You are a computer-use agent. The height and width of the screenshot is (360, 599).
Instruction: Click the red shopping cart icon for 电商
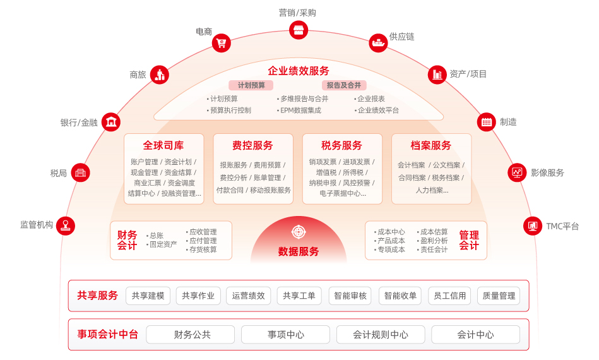point(221,43)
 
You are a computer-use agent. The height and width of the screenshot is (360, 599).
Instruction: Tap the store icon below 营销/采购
point(299,30)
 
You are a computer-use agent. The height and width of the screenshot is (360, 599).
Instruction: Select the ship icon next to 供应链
point(378,43)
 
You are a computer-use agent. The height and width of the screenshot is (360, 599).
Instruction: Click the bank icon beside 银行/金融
point(110,122)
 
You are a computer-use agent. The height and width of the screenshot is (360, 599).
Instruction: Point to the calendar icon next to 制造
point(486,122)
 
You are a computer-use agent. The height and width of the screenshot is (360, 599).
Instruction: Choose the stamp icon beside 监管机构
point(66,225)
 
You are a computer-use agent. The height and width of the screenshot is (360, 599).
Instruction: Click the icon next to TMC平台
point(533,225)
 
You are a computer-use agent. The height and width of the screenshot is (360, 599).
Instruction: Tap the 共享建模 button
point(148,296)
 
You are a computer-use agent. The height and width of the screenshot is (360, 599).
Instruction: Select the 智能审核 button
point(350,296)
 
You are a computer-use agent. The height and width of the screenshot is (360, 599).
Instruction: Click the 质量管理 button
point(499,296)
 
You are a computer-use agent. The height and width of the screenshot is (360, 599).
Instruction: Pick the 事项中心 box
point(285,335)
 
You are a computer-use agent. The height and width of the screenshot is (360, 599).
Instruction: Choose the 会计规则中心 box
point(381,335)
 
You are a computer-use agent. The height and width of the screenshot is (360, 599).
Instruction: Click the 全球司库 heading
point(163,145)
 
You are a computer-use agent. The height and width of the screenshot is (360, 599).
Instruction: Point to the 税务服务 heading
point(341,145)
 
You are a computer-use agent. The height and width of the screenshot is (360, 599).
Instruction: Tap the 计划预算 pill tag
point(251,85)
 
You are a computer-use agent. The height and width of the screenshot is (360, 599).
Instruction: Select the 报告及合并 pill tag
point(344,85)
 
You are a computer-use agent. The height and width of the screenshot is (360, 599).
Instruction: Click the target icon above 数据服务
point(299,232)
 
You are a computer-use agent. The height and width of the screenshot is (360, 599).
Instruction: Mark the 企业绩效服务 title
point(299,71)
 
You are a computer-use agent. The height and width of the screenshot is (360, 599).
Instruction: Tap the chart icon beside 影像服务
point(517,172)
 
